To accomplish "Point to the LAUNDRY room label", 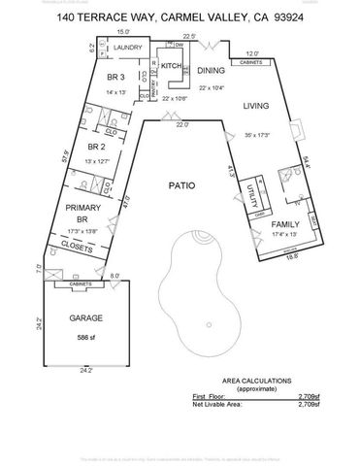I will (128, 48).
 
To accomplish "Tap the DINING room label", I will (211, 71).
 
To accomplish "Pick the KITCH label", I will (173, 65).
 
